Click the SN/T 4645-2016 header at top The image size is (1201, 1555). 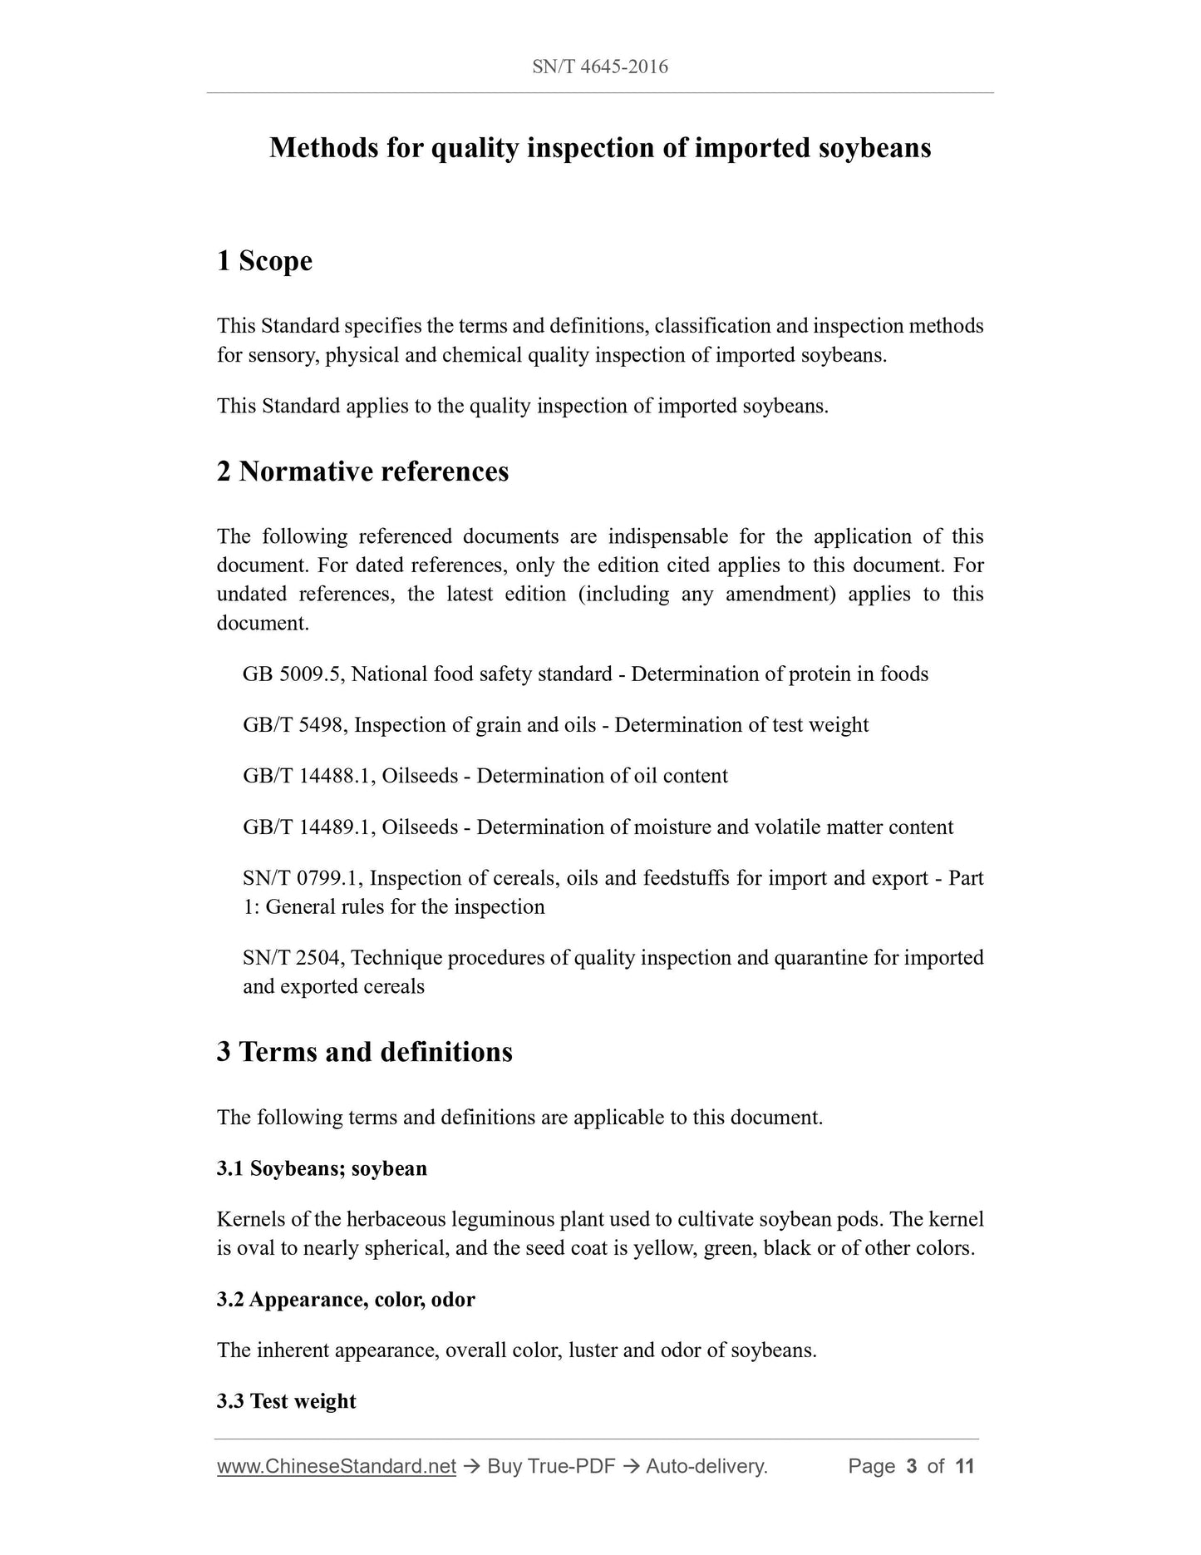coord(599,67)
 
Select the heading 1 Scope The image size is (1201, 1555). coord(264,261)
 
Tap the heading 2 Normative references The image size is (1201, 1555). coord(362,471)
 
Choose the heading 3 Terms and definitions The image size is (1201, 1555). coord(364,1052)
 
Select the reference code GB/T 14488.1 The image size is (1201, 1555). coord(308,776)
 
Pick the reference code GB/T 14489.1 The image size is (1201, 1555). coord(308,827)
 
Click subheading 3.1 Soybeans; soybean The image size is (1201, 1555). coord(322,1168)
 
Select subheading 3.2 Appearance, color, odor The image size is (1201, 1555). coord(346,1299)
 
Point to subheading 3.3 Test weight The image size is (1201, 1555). coord(286,1401)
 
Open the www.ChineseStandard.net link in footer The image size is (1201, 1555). coord(337,1466)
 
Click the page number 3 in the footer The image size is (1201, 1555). coord(912,1466)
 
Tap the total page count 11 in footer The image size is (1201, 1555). coord(964,1466)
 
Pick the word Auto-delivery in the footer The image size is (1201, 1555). coord(706,1466)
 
